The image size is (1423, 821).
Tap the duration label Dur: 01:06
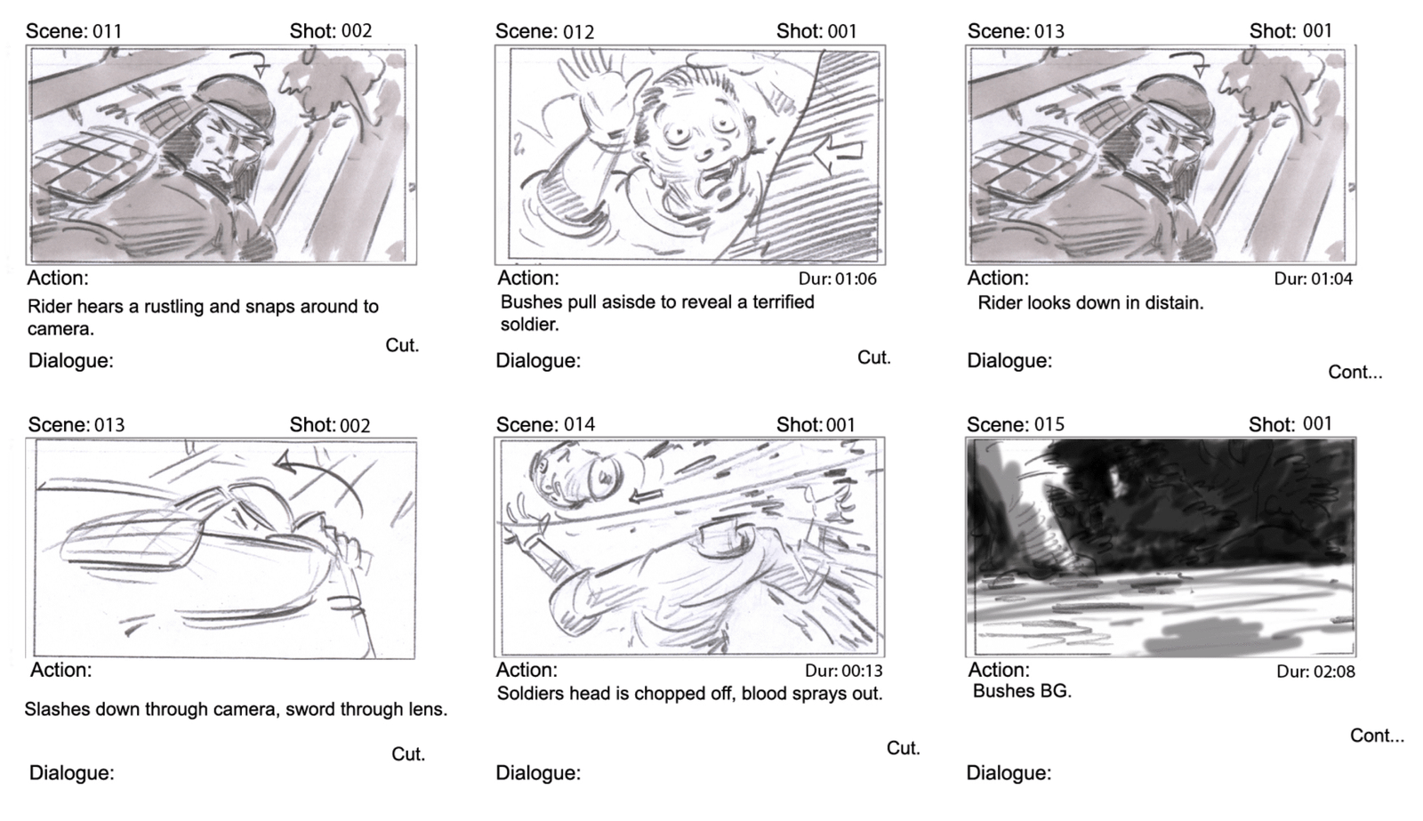tap(837, 279)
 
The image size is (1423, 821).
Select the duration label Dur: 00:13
tap(844, 671)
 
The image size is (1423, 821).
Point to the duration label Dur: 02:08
tap(1315, 671)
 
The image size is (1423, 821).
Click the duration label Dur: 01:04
tap(1313, 279)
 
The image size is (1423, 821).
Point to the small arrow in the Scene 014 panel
tap(646, 495)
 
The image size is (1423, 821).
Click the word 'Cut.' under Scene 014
tap(904, 748)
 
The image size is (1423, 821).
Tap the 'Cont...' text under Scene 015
tap(1377, 736)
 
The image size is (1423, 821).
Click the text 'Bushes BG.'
tap(1022, 691)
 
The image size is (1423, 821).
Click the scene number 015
tap(1049, 424)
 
